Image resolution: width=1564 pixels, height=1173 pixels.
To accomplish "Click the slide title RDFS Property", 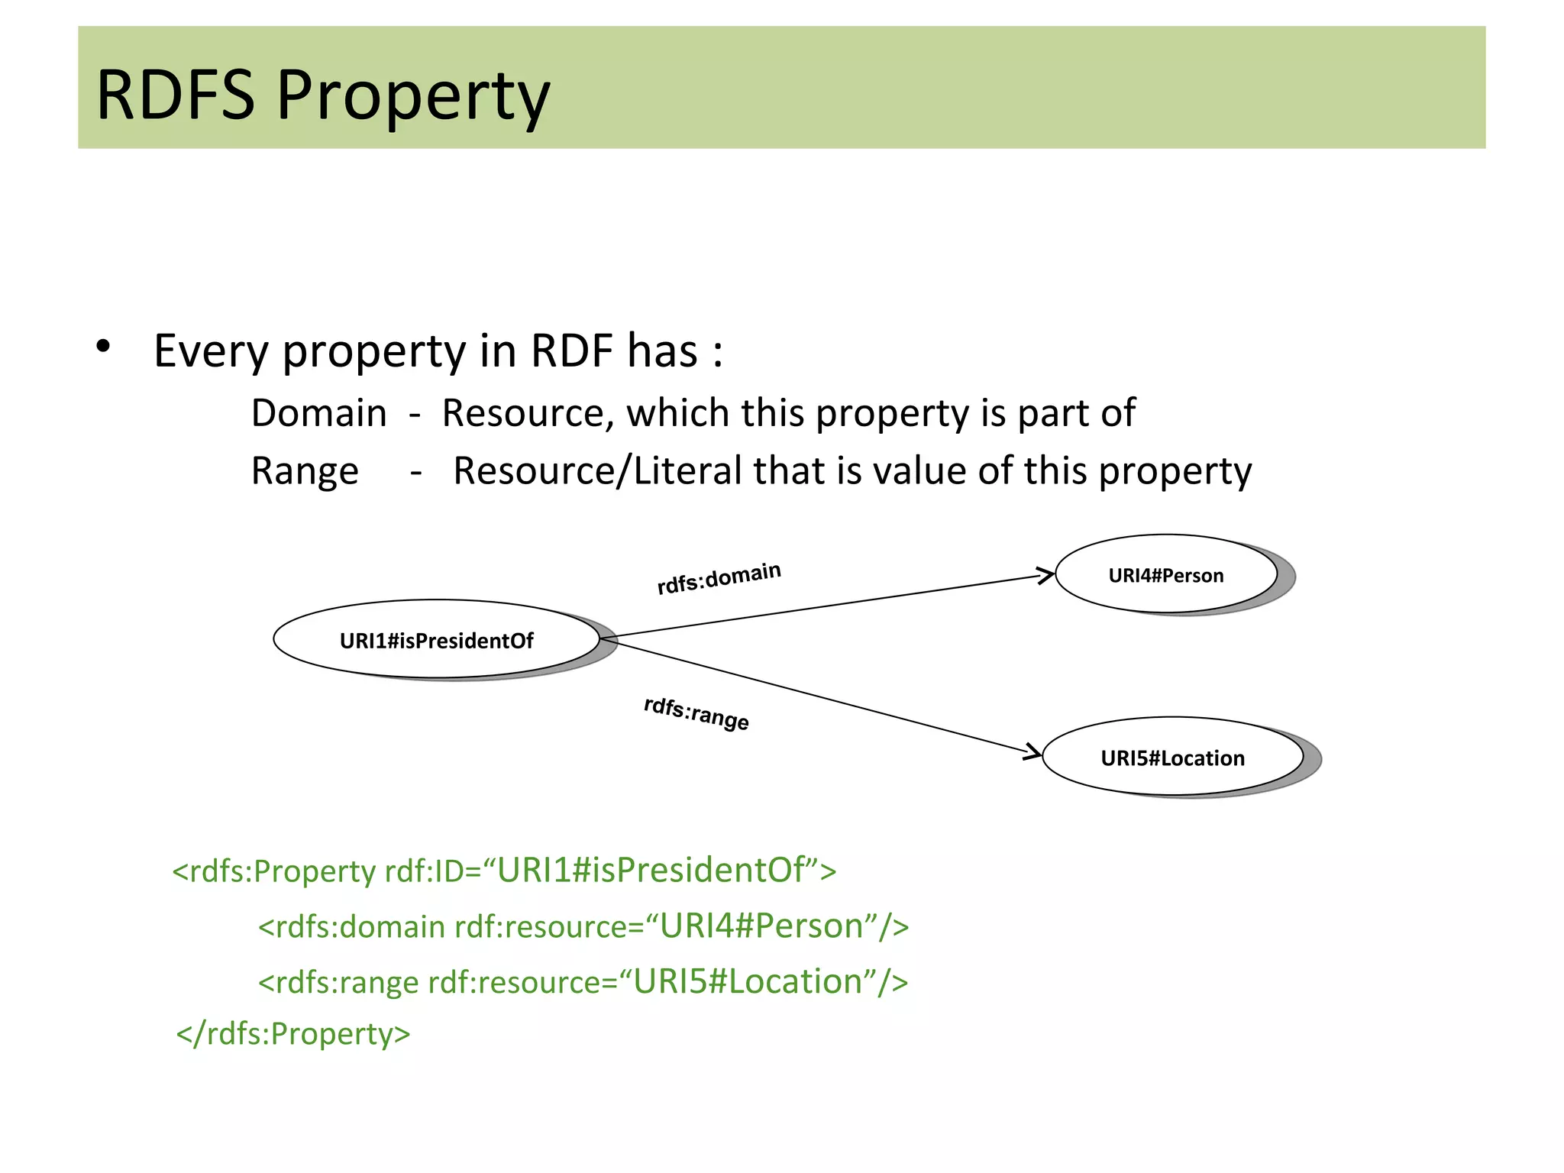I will (322, 96).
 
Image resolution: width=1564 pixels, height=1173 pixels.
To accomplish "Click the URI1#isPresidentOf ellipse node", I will (436, 640).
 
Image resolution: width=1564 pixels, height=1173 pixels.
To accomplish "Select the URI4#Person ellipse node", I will (1165, 575).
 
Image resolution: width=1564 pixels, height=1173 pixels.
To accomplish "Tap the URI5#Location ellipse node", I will (1172, 758).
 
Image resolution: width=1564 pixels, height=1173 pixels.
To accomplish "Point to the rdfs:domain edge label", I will (719, 577).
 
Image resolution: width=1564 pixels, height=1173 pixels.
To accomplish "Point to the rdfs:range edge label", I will (696, 713).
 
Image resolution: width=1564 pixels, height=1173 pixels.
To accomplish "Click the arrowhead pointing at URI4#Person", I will (1046, 576).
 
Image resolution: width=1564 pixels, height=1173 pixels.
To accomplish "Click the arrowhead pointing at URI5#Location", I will (1032, 752).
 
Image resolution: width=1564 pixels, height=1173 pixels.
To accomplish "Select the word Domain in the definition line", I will (318, 413).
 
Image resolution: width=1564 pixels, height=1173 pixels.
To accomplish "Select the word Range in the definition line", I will (305, 471).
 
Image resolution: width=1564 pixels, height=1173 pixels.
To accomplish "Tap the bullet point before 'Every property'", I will (103, 347).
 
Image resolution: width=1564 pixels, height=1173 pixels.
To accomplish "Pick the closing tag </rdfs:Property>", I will (293, 1034).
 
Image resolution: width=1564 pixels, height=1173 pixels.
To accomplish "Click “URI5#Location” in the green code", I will (748, 982).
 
